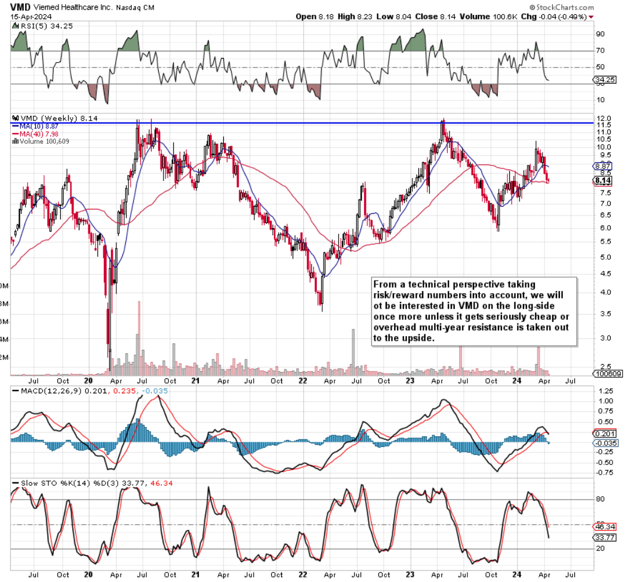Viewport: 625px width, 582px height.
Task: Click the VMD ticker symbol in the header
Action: pyautogui.click(x=20, y=7)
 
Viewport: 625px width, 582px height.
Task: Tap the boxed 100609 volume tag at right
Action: pyautogui.click(x=606, y=374)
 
